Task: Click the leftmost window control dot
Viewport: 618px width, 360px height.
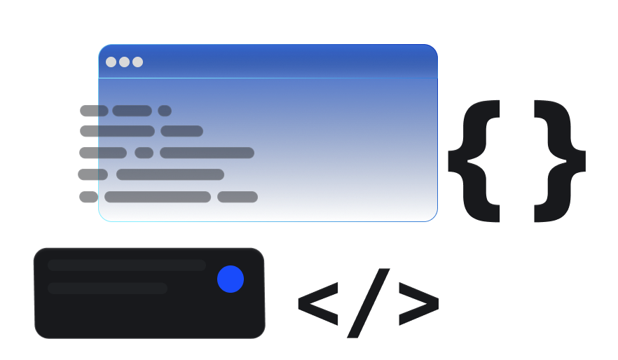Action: point(111,62)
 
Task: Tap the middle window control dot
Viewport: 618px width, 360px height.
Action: point(124,62)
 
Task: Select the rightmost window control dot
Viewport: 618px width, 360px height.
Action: point(137,62)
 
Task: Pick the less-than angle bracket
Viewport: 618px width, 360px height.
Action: point(318,304)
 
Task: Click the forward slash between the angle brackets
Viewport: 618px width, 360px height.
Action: point(368,303)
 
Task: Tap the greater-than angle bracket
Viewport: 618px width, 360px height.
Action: point(419,304)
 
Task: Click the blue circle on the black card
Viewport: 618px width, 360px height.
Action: point(231,279)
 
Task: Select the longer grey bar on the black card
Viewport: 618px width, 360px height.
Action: point(127,265)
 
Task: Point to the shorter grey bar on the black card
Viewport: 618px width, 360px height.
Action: point(107,289)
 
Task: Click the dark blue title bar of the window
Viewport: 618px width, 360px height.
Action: point(268,62)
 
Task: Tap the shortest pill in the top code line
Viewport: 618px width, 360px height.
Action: point(165,111)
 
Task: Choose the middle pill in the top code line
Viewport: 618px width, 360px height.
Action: point(132,111)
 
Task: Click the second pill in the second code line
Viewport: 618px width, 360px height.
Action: point(181,131)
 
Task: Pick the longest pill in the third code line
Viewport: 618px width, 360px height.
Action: point(207,153)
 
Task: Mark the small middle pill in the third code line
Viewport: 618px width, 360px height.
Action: point(144,153)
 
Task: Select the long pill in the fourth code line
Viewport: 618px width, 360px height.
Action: point(170,174)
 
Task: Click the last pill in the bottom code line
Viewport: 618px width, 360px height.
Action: point(238,197)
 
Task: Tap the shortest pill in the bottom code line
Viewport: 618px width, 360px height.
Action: point(89,197)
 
